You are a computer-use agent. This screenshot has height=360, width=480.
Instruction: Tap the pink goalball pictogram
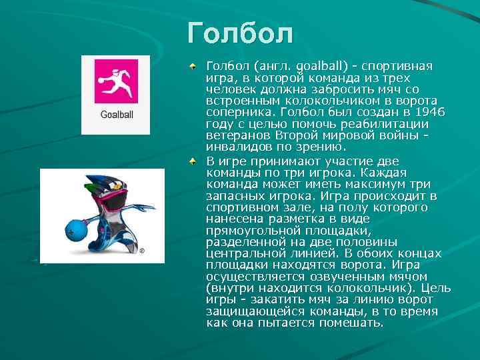pos(117,81)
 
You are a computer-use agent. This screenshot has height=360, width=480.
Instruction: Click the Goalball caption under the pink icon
pos(117,115)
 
